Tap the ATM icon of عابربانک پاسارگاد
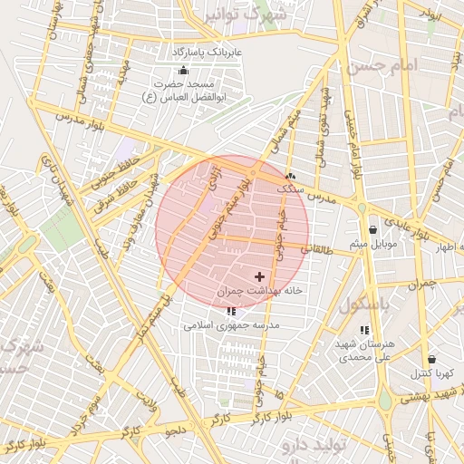[184, 70]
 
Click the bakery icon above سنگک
[290, 177]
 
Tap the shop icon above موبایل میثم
[372, 230]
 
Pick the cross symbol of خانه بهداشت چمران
[260, 275]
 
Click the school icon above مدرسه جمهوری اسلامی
[231, 311]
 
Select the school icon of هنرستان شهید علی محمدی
[364, 331]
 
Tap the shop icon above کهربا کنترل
[430, 359]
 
